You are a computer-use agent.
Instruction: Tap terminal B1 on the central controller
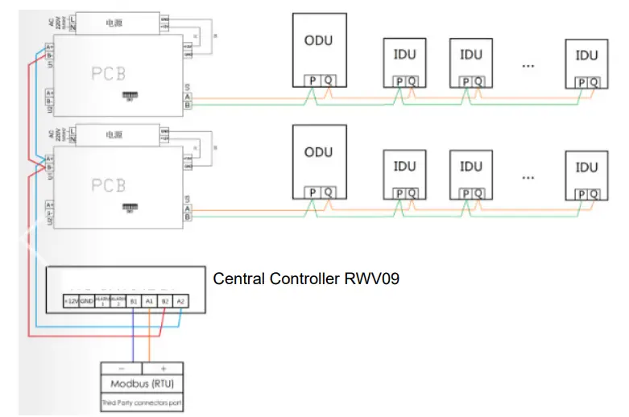pos(133,301)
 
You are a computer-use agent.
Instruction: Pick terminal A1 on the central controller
pos(149,301)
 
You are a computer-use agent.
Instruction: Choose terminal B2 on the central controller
pos(165,301)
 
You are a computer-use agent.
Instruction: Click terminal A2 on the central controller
pos(181,301)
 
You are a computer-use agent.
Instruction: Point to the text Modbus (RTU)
pos(145,386)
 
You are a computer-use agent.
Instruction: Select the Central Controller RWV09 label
pos(306,279)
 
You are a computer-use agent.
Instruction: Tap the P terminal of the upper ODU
pos(310,81)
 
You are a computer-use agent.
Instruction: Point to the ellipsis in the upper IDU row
pos(528,64)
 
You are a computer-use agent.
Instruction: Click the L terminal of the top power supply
pos(72,18)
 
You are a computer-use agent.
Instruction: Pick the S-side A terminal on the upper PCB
pos(188,95)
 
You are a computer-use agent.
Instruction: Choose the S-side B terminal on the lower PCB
pos(188,217)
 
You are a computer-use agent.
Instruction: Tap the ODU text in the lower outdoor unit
pos(319,151)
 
